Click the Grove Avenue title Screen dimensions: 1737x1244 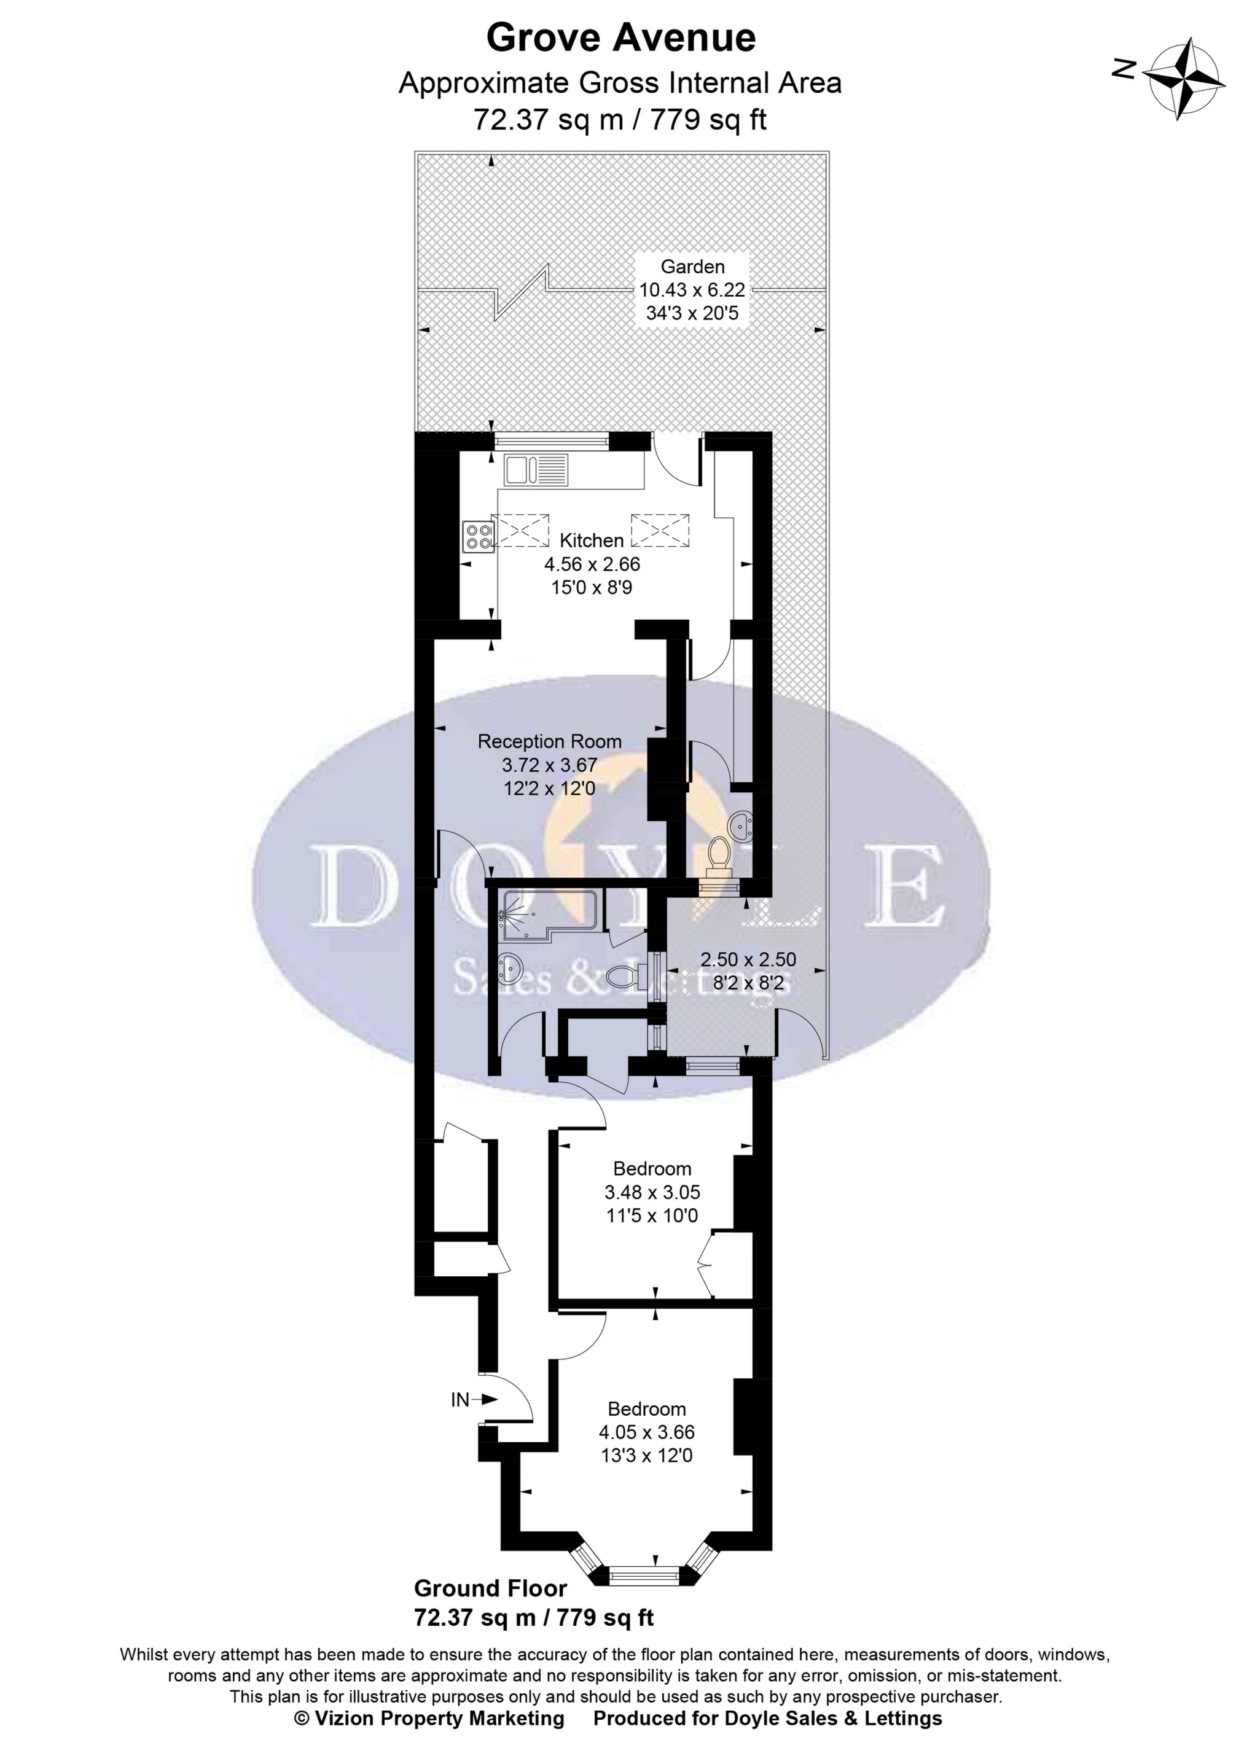click(x=621, y=38)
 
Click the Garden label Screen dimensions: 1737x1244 click(x=692, y=267)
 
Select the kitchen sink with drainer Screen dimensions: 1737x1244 click(x=536, y=469)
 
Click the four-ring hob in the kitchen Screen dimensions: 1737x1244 click(x=479, y=536)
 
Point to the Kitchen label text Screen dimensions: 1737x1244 click(x=592, y=541)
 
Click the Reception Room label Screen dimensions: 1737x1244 click(x=549, y=741)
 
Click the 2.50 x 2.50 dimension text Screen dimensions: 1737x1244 click(x=748, y=959)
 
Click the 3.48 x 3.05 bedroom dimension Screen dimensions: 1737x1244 click(x=652, y=1192)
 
